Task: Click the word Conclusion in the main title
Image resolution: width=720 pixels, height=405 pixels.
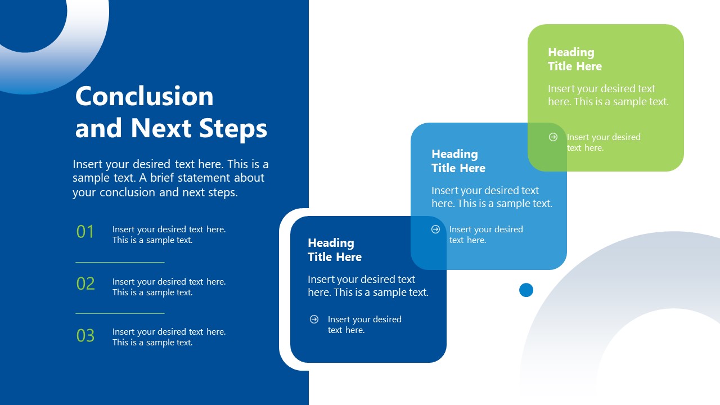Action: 144,96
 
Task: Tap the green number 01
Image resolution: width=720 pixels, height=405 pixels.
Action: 85,232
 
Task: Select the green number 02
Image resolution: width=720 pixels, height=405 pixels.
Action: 85,283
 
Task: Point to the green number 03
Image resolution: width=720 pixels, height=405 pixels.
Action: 85,336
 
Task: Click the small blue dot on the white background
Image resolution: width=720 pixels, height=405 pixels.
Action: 526,290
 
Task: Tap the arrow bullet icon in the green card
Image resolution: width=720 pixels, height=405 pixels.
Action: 553,137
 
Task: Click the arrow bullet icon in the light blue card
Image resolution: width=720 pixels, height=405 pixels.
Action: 435,229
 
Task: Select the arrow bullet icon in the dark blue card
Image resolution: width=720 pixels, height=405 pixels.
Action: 314,319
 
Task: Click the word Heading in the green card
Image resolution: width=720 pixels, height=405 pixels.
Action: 571,52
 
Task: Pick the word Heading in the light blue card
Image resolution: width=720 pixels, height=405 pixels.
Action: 454,154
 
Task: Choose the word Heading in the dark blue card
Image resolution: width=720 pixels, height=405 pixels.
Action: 331,243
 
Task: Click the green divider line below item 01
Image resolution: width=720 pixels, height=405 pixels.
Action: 120,262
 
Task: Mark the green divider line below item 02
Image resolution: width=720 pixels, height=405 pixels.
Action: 120,313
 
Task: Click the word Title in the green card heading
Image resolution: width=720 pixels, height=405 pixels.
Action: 560,66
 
